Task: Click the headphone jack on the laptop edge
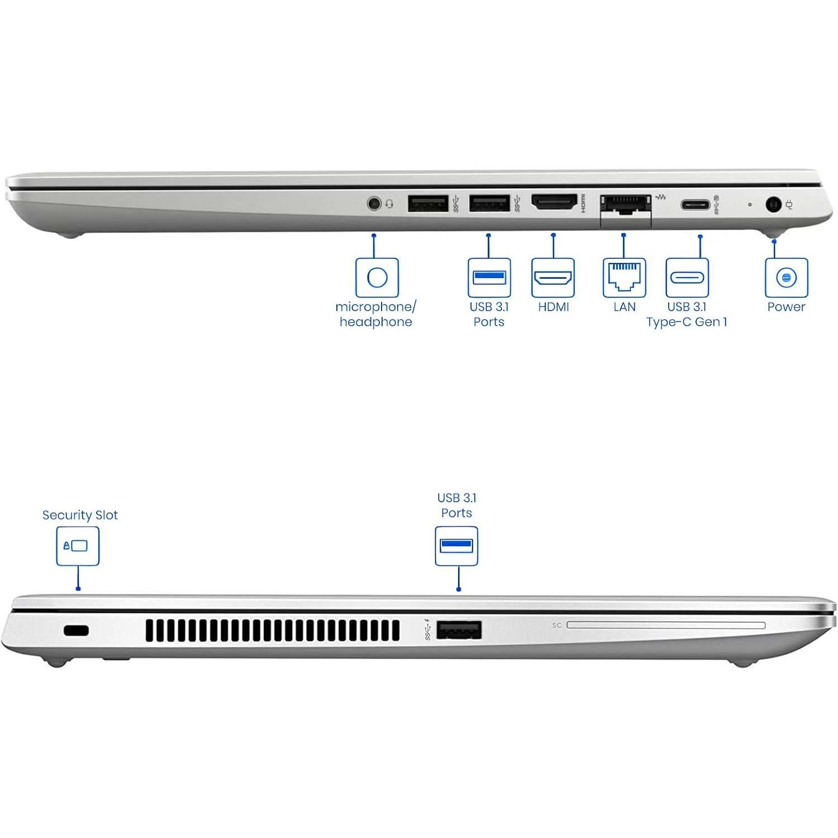(374, 203)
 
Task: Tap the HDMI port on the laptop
(554, 202)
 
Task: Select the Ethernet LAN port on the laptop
(625, 204)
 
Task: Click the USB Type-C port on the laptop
(695, 204)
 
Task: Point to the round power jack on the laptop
(774, 204)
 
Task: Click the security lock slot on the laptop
(76, 631)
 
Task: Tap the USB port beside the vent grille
(459, 630)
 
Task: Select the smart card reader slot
(666, 625)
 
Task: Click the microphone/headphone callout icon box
(377, 277)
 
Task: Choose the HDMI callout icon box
(553, 277)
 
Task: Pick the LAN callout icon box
(624, 277)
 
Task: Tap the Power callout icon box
(786, 277)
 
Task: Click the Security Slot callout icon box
(78, 546)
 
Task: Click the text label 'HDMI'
(553, 307)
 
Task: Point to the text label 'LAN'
(624, 307)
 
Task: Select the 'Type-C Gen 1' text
(687, 322)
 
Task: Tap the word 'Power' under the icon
(786, 307)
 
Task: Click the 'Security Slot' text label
(80, 515)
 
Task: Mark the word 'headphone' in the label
(375, 322)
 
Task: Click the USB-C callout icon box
(687, 277)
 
